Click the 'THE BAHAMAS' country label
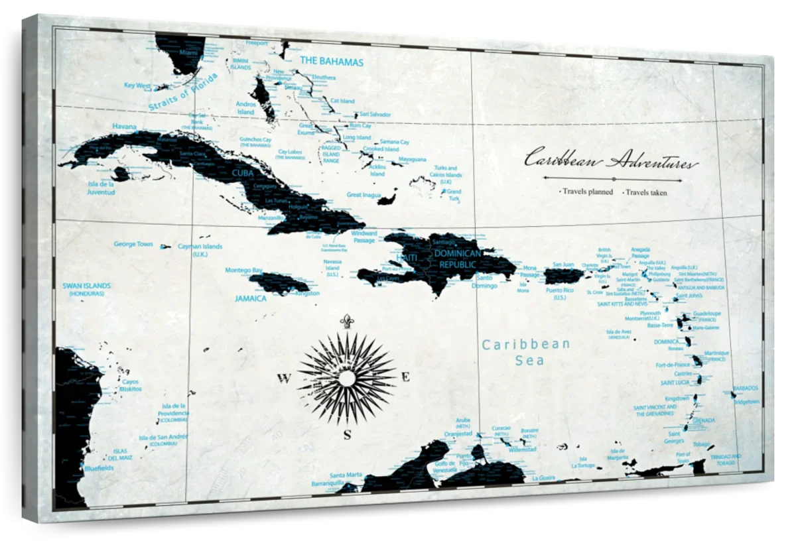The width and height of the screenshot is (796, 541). coord(332,62)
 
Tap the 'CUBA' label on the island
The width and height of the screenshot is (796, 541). coord(243,173)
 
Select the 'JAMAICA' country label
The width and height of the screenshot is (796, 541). coord(251,298)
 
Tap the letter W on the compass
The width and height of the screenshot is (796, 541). coord(284,379)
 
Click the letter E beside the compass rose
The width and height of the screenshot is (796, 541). coord(406,377)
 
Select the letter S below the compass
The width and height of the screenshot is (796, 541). coord(347,436)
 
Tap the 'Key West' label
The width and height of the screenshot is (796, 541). coord(138,86)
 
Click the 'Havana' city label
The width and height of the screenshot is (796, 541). coord(125,126)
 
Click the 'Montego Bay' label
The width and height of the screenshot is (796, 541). coord(243,270)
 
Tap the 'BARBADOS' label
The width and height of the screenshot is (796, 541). coord(746,388)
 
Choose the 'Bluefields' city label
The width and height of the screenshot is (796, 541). coord(99,468)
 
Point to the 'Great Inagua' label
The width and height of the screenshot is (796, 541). coord(364,195)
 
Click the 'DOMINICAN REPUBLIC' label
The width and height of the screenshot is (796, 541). coord(457,259)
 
